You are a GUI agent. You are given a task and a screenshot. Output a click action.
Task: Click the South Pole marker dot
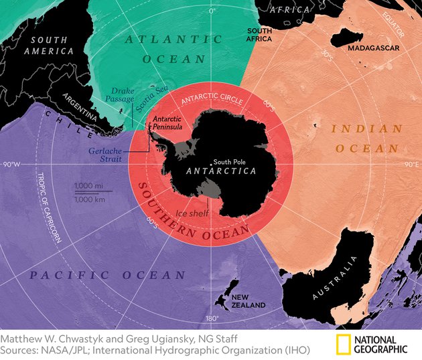click(212, 161)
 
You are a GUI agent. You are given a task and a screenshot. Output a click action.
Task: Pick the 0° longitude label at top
click(212, 11)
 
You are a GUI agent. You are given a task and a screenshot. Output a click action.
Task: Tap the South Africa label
click(260, 35)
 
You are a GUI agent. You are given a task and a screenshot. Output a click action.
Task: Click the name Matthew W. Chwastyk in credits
click(47, 338)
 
